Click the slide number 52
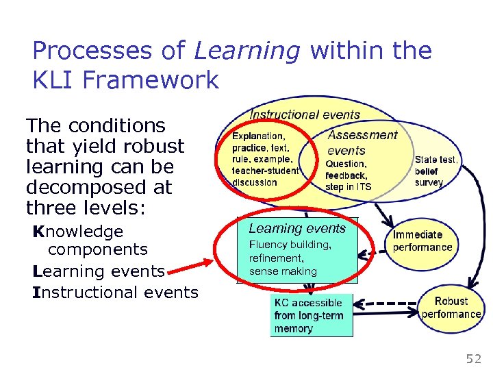(473, 358)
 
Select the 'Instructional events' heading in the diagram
(305, 115)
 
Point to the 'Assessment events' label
(362, 143)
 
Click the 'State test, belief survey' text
(436, 171)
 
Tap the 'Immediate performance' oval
(422, 241)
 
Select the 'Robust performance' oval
(451, 308)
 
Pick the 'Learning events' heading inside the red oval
(297, 228)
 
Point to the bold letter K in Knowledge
(38, 232)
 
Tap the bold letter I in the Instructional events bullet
(36, 292)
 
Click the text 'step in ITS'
(348, 187)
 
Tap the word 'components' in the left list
(97, 251)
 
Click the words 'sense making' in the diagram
(283, 271)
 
